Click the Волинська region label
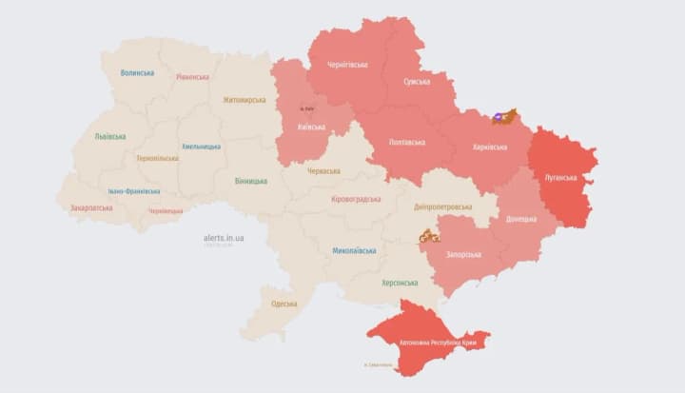(x=139, y=73)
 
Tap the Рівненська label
(x=193, y=76)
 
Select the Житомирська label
(x=244, y=99)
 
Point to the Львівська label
(x=109, y=136)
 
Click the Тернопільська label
(x=156, y=158)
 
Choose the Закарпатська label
(x=91, y=207)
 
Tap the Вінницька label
(x=251, y=181)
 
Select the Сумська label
(x=416, y=82)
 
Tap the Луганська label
(x=560, y=177)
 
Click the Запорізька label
(x=461, y=254)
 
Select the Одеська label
(x=284, y=304)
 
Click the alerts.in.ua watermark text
(x=223, y=237)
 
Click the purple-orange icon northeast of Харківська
(x=503, y=117)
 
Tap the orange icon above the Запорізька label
(x=429, y=235)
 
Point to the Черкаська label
(x=324, y=170)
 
